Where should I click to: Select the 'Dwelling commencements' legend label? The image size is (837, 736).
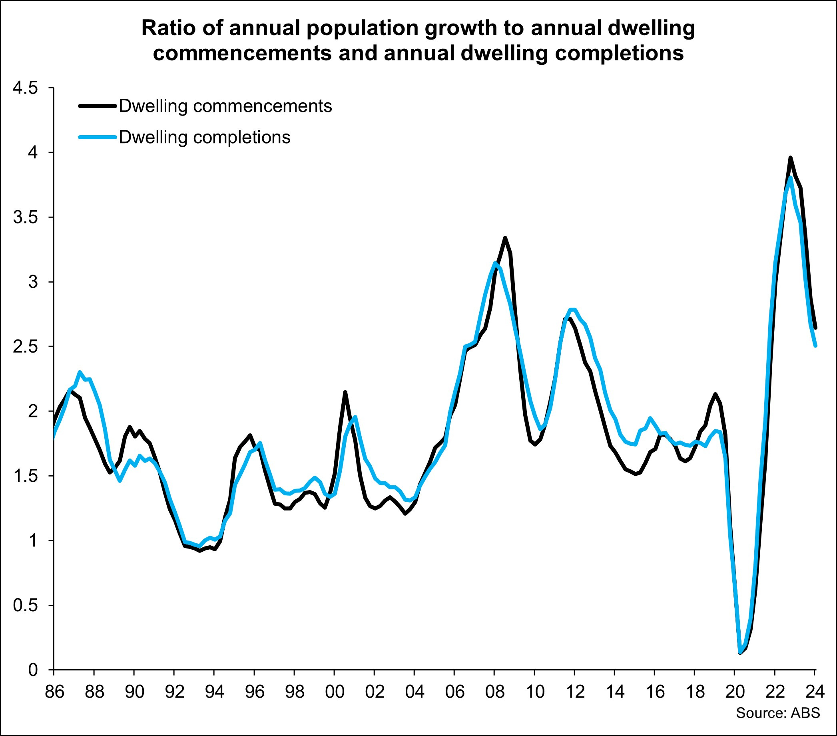coord(225,106)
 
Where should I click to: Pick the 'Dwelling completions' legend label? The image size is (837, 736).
coord(204,137)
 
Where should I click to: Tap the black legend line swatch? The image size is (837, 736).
coord(98,106)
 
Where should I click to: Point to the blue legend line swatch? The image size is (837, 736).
coord(98,137)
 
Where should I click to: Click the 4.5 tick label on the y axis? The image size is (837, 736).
coord(26,88)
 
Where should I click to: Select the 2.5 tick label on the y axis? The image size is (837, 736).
coord(26,347)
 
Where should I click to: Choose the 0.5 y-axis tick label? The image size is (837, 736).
coord(26,605)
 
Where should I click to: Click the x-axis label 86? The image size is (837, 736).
coord(54,692)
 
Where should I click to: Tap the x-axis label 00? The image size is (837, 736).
coord(335,692)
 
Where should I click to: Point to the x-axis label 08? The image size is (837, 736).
coord(495,692)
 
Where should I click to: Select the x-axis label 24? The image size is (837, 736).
coord(815,692)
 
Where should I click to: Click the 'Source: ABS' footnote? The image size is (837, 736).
coord(778,713)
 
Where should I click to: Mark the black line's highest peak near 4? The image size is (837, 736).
coord(790,158)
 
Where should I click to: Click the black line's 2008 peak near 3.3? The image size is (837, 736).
coord(505,237)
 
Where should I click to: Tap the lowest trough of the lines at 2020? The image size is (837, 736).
coord(740,652)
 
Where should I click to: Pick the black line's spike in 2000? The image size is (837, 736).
coord(345,392)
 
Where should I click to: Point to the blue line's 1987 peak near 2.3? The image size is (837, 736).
coord(80,372)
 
